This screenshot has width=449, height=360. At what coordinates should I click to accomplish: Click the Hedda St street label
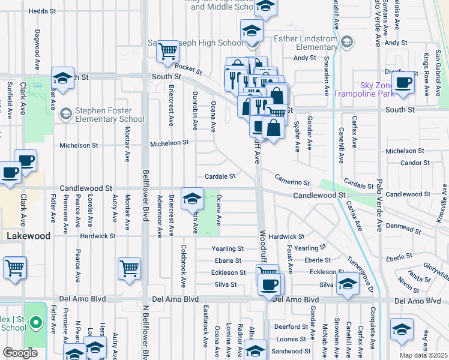[x=42, y=11]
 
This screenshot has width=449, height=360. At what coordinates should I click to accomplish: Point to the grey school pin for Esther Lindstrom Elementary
[x=346, y=41]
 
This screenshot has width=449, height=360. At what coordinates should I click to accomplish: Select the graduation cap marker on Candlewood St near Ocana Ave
[x=191, y=198]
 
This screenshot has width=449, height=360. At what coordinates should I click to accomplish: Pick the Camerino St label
[x=292, y=179]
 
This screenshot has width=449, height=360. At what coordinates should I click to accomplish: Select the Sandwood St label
[x=291, y=352]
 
